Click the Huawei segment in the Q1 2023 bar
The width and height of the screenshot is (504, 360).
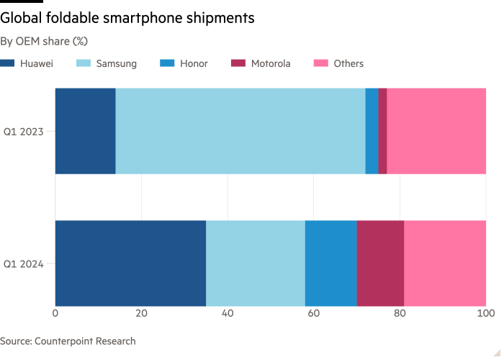85,131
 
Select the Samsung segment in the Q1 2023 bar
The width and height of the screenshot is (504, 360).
240,131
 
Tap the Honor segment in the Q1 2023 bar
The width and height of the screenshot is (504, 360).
372,131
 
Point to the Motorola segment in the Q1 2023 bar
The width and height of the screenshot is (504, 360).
382,131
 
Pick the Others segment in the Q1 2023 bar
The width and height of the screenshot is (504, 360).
436,131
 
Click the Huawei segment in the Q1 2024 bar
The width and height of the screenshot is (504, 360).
130,264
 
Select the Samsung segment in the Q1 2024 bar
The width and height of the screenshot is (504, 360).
256,264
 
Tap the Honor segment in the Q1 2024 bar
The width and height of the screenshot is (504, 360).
331,264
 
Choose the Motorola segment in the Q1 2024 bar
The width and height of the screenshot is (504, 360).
380,264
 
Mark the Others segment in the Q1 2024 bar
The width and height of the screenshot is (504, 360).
445,264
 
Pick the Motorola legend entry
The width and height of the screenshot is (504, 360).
261,63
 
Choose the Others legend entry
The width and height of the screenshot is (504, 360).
339,63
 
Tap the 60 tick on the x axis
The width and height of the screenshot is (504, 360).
314,314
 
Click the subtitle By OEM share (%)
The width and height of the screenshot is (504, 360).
44,41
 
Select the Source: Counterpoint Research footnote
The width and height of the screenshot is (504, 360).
68,341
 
